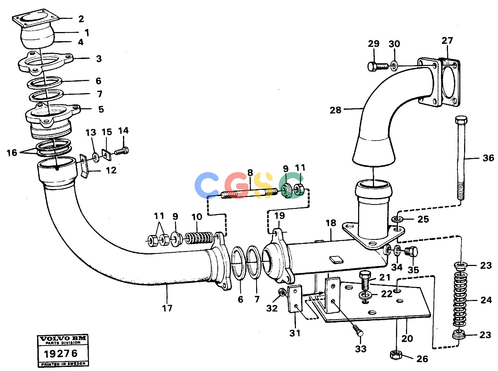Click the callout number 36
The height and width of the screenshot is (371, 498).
pyautogui.click(x=488, y=158)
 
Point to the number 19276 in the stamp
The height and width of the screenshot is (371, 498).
pyautogui.click(x=61, y=353)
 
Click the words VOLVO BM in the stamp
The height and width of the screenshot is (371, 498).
pyautogui.click(x=63, y=338)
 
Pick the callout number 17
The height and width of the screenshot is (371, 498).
pyautogui.click(x=167, y=308)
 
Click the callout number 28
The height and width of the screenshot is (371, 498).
pyautogui.click(x=335, y=110)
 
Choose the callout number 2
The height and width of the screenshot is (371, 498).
pyautogui.click(x=81, y=19)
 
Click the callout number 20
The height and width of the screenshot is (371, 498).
pyautogui.click(x=407, y=338)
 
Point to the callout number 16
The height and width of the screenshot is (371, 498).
pyautogui.click(x=12, y=153)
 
